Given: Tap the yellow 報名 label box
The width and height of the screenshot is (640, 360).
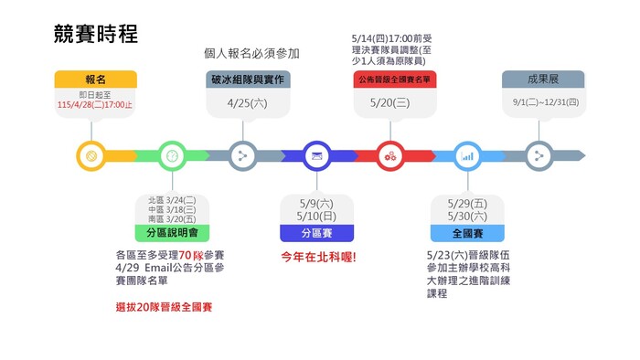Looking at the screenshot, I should [95, 79].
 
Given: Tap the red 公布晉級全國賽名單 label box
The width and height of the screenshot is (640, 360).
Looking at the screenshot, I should [389, 79].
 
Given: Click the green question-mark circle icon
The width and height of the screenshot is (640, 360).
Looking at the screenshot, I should [171, 156].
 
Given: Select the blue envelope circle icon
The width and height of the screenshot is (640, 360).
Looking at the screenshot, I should [316, 156].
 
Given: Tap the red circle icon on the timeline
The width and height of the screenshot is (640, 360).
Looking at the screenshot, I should [390, 156].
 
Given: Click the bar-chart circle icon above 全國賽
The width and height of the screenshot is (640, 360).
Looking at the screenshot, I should [467, 156].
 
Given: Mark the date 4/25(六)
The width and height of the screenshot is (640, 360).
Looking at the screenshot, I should [246, 103].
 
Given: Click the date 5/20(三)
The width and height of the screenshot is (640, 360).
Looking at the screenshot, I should [390, 103].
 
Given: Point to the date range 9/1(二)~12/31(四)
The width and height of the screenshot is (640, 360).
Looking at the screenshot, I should [546, 102].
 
